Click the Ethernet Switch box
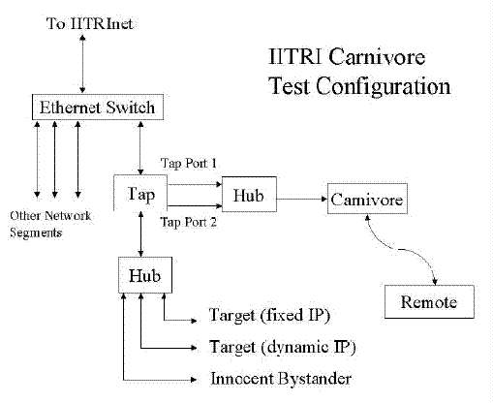pos(98,108)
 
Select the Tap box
pos(140,193)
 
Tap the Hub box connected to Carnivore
pos(249,194)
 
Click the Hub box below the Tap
pos(145,275)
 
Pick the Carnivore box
pos(367,199)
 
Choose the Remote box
pos(429,301)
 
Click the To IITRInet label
pos(89,23)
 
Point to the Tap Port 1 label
pos(189,164)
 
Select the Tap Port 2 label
pos(189,222)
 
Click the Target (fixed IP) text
pos(269,315)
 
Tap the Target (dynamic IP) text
pos(283,347)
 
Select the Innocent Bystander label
pos(281,379)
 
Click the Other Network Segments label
pos(50,224)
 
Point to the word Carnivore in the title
pos(377,56)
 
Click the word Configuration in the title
pos(384,86)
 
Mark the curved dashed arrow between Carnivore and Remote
pos(399,249)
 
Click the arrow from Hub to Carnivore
pos(302,199)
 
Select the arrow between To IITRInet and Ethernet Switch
pos(82,64)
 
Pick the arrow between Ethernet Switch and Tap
pos(140,148)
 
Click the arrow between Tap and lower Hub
pos(140,234)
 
